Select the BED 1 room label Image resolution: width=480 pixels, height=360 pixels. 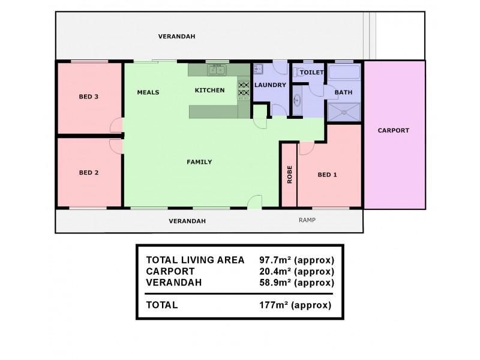coord(327,175)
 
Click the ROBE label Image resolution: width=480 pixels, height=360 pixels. coord(289,175)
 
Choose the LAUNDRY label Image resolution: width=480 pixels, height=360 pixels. coord(270,85)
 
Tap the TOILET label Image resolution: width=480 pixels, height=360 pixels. coord(312,73)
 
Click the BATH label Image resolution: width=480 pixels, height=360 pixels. coord(343,92)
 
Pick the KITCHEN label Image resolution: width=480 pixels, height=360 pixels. coord(210,91)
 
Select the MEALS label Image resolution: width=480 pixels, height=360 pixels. coord(148,92)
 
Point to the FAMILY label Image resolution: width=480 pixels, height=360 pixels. coord(199,161)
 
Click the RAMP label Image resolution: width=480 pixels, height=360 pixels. coord(307,220)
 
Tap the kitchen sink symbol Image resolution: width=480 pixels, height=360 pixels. coord(217,70)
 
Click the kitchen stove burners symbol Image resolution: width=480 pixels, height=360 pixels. coord(244,89)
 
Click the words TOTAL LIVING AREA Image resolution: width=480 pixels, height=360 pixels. coord(196,260)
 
